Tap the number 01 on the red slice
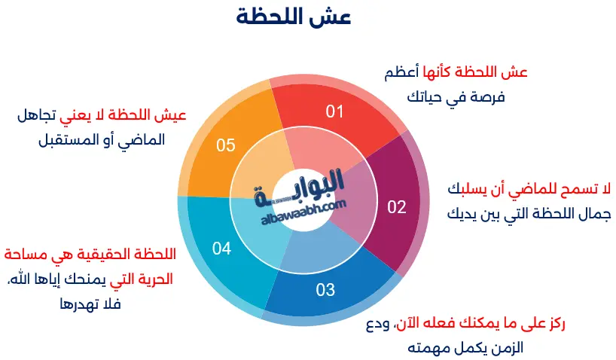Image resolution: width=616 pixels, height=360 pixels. pyautogui.click(x=334, y=112)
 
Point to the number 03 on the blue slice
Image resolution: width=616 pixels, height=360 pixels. pyautogui.click(x=325, y=289)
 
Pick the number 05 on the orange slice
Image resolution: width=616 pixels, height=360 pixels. pyautogui.click(x=226, y=145)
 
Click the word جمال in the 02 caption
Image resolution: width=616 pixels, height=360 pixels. pyautogui.click(x=590, y=212)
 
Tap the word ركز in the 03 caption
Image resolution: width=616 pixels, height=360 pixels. pyautogui.click(x=553, y=325)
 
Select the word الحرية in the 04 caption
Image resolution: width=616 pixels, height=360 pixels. pyautogui.click(x=154, y=279)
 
